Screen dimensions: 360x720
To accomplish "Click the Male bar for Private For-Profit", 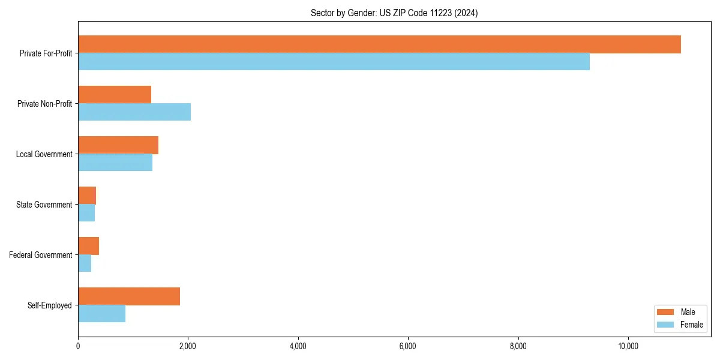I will (x=379, y=44).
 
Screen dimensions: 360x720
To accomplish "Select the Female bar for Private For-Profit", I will (x=334, y=62).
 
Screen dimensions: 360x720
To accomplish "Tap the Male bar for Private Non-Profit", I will (x=115, y=95).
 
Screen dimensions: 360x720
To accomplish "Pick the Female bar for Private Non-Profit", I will (x=134, y=112).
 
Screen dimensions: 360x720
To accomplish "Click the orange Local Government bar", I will (x=118, y=145).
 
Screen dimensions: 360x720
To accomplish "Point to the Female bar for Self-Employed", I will (x=101, y=313).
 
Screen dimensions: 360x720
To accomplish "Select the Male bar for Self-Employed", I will (x=129, y=296).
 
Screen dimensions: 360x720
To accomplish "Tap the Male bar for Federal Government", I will (x=88, y=246).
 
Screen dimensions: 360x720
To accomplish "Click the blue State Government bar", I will (x=86, y=213).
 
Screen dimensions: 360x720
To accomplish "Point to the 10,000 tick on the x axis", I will (x=628, y=346).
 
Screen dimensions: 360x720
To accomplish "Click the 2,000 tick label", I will (x=188, y=346).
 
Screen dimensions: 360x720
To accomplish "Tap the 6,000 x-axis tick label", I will (x=408, y=346).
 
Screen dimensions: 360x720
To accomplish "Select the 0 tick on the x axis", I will (x=78, y=346).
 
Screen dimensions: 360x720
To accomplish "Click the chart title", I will (x=394, y=13).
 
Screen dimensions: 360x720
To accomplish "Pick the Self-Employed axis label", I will (x=49, y=305).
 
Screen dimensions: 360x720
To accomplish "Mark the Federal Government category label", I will (x=40, y=255).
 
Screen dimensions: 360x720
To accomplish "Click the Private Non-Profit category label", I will (x=44, y=104).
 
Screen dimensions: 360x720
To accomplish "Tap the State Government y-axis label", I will (x=44, y=205).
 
